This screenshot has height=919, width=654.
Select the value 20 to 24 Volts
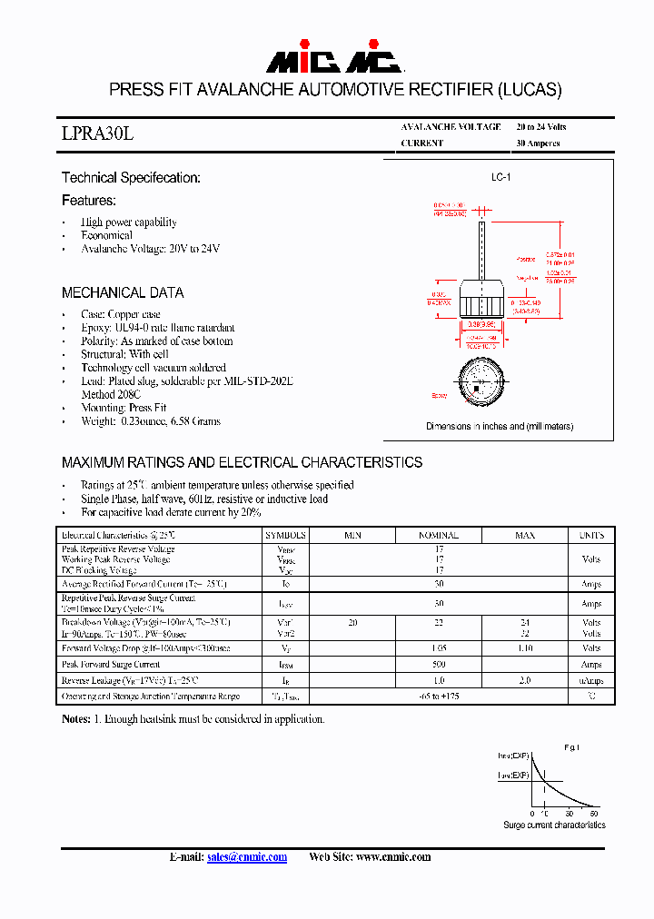(x=540, y=127)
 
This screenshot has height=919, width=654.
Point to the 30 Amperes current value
(x=538, y=143)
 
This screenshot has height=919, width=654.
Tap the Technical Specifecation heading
(x=131, y=178)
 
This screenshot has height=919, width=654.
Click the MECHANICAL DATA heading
(x=123, y=293)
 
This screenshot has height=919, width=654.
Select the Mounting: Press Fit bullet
(x=124, y=408)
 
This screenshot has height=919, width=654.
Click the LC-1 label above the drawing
(x=500, y=178)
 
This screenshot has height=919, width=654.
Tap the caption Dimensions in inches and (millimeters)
(x=500, y=426)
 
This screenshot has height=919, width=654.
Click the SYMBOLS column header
(x=286, y=536)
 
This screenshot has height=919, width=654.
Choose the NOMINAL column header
(x=438, y=536)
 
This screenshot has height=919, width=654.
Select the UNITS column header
(x=591, y=536)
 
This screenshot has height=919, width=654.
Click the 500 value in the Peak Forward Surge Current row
(x=438, y=665)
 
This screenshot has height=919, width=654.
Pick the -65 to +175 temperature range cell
(x=438, y=696)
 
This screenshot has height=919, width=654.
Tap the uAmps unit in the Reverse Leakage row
(x=591, y=680)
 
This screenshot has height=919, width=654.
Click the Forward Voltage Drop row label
(x=146, y=648)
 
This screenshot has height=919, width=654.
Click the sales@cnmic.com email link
(x=247, y=857)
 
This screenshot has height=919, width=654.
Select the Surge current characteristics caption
(x=554, y=825)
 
